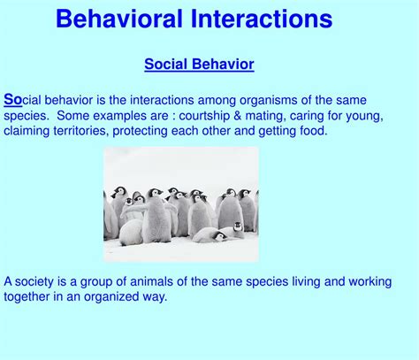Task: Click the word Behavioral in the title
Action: tap(119, 19)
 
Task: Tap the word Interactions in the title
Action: tap(262, 19)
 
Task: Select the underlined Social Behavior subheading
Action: tap(199, 65)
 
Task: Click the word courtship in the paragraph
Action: tap(204, 116)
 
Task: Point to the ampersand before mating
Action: tap(238, 116)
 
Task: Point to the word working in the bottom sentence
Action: tap(370, 282)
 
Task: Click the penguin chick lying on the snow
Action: tap(210, 235)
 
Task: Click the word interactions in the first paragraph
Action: tap(162, 100)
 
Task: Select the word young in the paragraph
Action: tap(364, 116)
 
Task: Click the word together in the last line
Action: tap(27, 297)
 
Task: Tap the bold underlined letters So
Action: tap(13, 99)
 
